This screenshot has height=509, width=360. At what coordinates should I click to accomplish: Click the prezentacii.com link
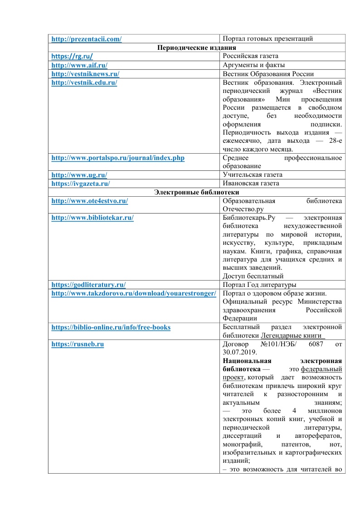(87, 39)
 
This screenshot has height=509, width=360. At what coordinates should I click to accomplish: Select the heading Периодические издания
(197, 48)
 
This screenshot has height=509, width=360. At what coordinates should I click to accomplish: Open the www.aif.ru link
(79, 65)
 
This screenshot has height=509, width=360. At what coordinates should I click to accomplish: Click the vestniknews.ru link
(85, 74)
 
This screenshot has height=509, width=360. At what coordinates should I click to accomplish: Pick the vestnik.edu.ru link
(85, 82)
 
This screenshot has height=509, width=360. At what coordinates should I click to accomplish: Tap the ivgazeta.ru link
(81, 184)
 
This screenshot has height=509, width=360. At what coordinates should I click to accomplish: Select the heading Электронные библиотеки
(197, 192)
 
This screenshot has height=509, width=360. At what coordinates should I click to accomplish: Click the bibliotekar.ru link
(92, 218)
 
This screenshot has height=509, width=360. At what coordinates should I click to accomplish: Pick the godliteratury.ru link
(88, 285)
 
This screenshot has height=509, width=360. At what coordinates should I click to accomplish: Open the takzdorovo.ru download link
(133, 293)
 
